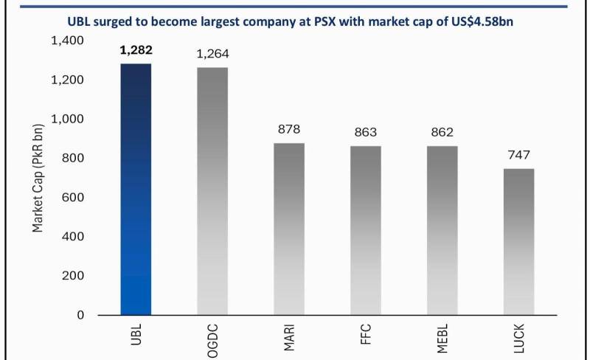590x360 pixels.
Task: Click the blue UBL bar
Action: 136,190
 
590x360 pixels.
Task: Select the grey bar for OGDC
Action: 212,191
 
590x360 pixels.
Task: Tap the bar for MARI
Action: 289,229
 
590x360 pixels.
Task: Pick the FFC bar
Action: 366,230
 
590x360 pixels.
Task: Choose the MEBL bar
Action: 442,230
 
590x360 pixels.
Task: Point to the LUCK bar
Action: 519,242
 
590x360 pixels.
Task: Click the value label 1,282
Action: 136,50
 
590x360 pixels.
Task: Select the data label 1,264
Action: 212,54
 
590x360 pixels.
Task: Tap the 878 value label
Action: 289,129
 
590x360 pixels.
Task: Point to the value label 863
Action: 366,132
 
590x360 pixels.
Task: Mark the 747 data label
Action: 519,155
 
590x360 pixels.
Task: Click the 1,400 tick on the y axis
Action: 67,41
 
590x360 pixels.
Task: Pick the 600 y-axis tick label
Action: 73,197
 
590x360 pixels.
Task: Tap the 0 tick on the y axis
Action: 80,315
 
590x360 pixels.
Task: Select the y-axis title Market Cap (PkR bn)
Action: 38,178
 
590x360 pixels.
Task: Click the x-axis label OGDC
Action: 212,341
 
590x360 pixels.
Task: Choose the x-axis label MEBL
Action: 442,339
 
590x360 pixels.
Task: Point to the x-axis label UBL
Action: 136,334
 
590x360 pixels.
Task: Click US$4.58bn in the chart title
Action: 482,21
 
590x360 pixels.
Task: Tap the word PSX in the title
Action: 324,21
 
